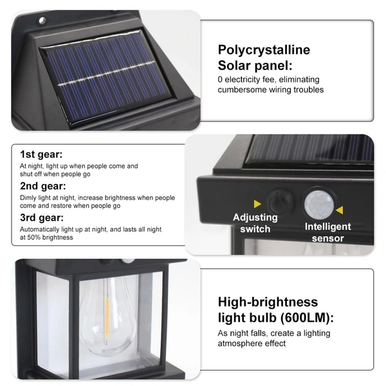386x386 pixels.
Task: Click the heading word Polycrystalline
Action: point(264,50)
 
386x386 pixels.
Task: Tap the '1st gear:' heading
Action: point(41,154)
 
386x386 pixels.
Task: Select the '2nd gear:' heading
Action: point(42,186)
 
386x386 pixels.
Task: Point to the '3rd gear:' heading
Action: point(41,217)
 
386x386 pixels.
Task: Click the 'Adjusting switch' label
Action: point(255,223)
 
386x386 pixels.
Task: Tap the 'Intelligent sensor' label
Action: point(327,232)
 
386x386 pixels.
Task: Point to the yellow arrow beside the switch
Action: point(257,202)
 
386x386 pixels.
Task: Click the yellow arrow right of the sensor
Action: point(339,210)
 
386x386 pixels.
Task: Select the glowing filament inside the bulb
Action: point(106,318)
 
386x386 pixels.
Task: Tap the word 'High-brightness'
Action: point(268,302)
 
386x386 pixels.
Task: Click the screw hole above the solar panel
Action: point(42,21)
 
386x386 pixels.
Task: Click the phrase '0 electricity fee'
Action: point(248,80)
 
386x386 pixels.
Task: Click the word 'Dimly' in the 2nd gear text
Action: point(29,198)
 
